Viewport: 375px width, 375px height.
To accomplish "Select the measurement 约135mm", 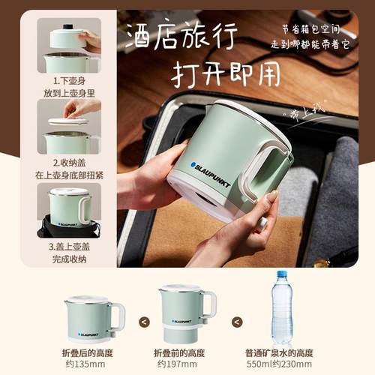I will pyautogui.click(x=93, y=364).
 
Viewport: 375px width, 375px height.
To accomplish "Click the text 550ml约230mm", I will pyautogui.click(x=279, y=364).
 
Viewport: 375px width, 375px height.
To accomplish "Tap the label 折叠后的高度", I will pyautogui.click(x=93, y=352).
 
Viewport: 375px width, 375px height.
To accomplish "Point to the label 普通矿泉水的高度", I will pyautogui.click(x=279, y=352).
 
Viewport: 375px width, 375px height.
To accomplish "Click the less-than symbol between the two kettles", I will pyautogui.click(x=145, y=321).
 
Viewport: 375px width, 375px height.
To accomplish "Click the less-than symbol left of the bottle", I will pyautogui.click(x=238, y=321).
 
